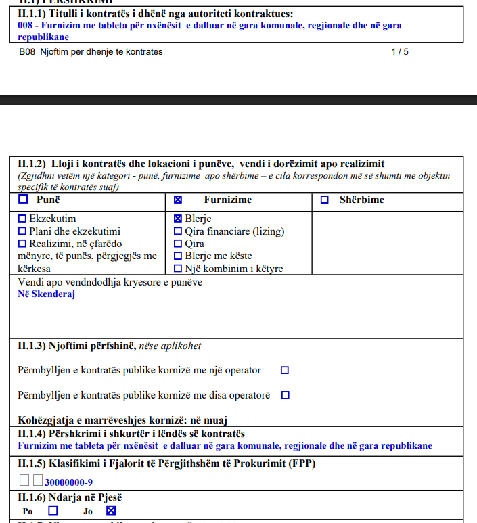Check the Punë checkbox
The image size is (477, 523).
pyautogui.click(x=23, y=200)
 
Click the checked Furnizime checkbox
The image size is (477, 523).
pyautogui.click(x=178, y=200)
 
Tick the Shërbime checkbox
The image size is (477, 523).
pyautogui.click(x=325, y=200)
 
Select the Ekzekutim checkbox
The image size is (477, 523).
pyautogui.click(x=22, y=219)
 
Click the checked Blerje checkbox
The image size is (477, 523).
pyautogui.click(x=178, y=219)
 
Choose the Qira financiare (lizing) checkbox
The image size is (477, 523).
pyautogui.click(x=178, y=231)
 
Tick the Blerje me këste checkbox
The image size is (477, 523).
pyautogui.click(x=178, y=256)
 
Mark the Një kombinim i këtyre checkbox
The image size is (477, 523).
pyautogui.click(x=178, y=269)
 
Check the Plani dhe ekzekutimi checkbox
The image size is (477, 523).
pyautogui.click(x=22, y=231)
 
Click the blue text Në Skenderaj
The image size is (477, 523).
pyautogui.click(x=46, y=294)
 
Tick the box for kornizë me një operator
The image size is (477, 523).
pyautogui.click(x=285, y=370)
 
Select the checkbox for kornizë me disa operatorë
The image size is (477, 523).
pyautogui.click(x=285, y=395)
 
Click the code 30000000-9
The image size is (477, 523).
pyautogui.click(x=68, y=482)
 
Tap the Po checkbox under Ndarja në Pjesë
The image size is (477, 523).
pyautogui.click(x=53, y=511)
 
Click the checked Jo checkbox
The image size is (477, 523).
pyautogui.click(x=112, y=511)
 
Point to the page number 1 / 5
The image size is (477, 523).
pyautogui.click(x=400, y=51)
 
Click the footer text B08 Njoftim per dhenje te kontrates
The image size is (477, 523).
pyautogui.click(x=91, y=51)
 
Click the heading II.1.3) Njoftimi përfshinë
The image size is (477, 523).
pyautogui.click(x=109, y=346)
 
